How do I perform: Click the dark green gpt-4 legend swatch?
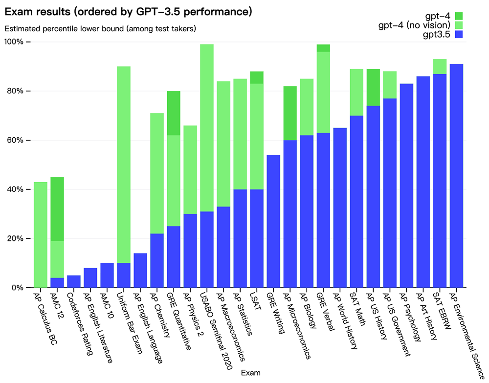[x=459, y=16]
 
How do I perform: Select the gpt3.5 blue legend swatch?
[x=459, y=34]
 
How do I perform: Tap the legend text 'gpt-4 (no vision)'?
[x=415, y=25]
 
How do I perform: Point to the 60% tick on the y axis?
[x=29, y=140]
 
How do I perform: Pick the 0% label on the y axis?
[x=18, y=288]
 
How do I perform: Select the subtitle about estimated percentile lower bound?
[x=100, y=29]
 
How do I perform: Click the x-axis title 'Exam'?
[x=250, y=373]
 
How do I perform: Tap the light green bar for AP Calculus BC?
[x=41, y=234]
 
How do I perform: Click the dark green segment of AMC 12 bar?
[x=57, y=209]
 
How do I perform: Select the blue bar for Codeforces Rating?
[x=74, y=281]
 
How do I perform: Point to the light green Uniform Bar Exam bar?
[x=124, y=165]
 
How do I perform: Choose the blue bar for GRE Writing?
[x=273, y=221]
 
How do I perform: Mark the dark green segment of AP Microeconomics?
[x=290, y=113]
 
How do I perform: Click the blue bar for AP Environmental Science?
[x=456, y=176]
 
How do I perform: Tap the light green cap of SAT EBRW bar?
[x=440, y=66]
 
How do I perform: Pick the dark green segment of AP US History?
[x=373, y=87]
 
